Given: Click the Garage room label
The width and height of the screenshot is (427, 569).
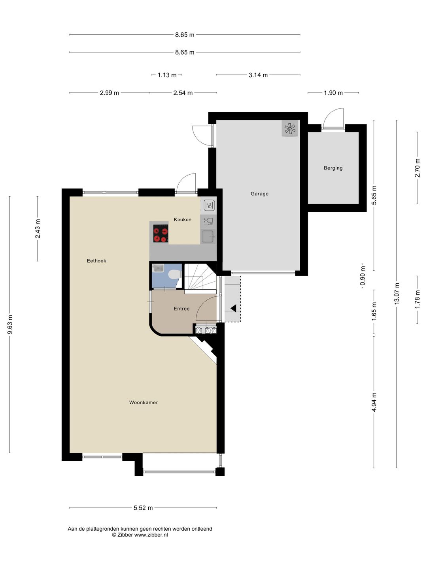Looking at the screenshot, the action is pyautogui.click(x=259, y=194).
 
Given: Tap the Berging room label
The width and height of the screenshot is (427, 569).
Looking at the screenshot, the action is pyautogui.click(x=333, y=168).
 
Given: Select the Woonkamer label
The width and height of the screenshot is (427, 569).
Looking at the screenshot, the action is pyautogui.click(x=144, y=402).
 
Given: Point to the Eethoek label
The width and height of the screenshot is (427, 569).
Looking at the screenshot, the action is pyautogui.click(x=96, y=261).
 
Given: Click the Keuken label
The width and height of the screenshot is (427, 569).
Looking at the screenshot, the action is pyautogui.click(x=183, y=220).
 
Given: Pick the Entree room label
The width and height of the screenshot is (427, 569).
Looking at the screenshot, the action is pyautogui.click(x=181, y=309).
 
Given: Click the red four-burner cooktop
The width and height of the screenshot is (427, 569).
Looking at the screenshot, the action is pyautogui.click(x=161, y=233).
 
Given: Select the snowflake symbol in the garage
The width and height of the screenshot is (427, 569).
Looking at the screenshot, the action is pyautogui.click(x=290, y=128).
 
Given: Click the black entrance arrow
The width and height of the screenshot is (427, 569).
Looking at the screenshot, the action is pyautogui.click(x=233, y=308).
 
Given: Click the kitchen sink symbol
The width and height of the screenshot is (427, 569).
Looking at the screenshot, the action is pyautogui.click(x=208, y=236).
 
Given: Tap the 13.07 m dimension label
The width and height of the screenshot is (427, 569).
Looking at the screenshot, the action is pyautogui.click(x=397, y=294).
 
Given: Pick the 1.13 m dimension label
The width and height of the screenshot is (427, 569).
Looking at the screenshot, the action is pyautogui.click(x=167, y=75).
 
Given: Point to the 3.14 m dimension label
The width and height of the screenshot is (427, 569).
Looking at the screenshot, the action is pyautogui.click(x=258, y=75).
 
